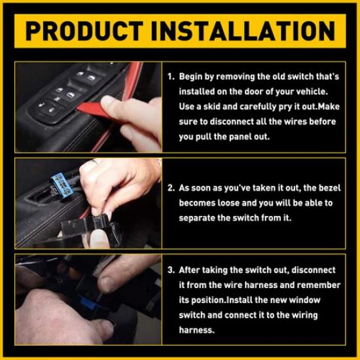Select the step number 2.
(170, 188)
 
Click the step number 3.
(170, 270)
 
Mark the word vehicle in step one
(321, 92)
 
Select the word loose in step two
(228, 203)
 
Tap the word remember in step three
(319, 285)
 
